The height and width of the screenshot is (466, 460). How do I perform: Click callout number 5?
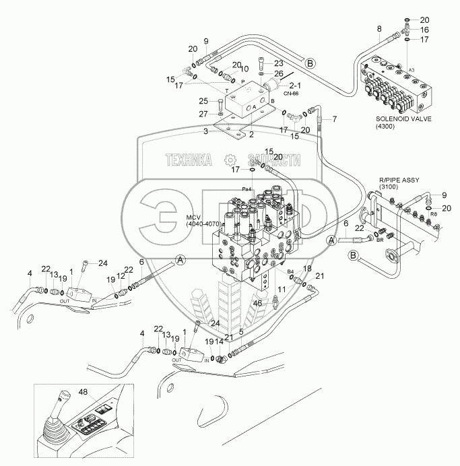[242, 331]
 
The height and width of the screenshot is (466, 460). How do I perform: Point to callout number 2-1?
[294, 86]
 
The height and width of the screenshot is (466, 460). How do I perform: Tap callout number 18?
[308, 269]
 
